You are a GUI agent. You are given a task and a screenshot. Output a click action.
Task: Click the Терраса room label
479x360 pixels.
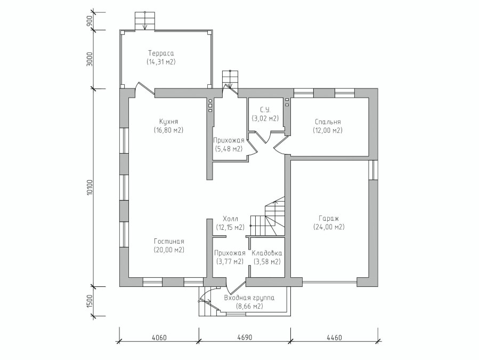(x=161, y=53)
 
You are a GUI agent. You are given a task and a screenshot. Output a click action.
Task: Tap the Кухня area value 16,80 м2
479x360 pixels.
(x=168, y=130)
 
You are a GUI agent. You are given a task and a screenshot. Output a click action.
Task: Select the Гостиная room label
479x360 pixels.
(x=169, y=241)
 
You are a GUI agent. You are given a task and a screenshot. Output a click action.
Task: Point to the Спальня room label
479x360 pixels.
(x=328, y=122)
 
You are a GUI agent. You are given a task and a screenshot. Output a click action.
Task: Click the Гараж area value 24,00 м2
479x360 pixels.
(x=329, y=227)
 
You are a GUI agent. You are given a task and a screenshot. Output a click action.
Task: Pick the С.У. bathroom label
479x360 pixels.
(x=265, y=110)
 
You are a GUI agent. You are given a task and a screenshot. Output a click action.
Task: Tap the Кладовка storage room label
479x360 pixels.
(x=267, y=253)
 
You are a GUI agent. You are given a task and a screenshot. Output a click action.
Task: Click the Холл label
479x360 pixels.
(x=230, y=219)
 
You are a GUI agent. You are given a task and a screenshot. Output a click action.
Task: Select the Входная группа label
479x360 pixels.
(x=249, y=298)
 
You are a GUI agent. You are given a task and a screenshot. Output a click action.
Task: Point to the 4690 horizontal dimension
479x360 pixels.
(x=245, y=338)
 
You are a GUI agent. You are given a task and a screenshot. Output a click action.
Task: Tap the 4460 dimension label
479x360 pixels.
(x=334, y=338)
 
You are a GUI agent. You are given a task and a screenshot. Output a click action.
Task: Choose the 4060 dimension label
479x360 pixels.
(x=159, y=338)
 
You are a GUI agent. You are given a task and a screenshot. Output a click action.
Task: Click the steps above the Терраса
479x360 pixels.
(x=145, y=21)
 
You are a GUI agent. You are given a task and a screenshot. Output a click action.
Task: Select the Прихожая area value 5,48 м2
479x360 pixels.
(x=228, y=149)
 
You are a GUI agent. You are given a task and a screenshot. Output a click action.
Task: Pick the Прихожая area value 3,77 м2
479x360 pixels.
(x=230, y=262)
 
